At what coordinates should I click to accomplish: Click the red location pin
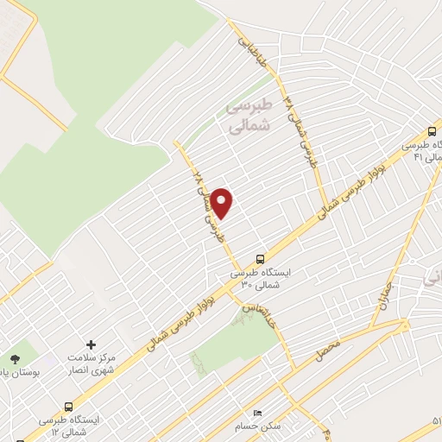(x=222, y=202)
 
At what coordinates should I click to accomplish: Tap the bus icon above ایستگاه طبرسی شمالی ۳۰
(x=262, y=258)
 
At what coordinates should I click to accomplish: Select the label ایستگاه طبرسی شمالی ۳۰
(x=261, y=278)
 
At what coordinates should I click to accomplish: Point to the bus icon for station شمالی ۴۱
(x=432, y=132)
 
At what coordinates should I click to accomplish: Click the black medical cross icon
(x=92, y=344)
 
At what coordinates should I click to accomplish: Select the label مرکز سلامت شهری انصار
(x=91, y=363)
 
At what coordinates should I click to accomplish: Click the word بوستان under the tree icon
(x=15, y=376)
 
